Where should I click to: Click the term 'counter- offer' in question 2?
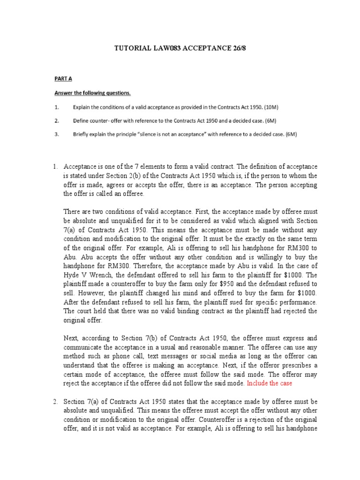(105, 120)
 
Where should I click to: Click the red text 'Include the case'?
(271, 383)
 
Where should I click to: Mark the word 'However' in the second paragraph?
(89, 293)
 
